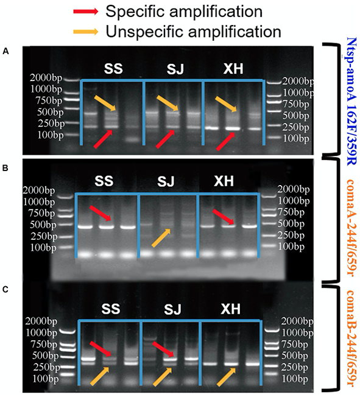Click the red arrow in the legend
86,12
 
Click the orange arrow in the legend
86,32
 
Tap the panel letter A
5,52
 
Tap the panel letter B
5,168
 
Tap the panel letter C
5,289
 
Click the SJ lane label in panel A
175,69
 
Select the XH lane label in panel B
224,181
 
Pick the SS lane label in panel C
111,309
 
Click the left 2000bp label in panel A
46,78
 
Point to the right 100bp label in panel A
295,138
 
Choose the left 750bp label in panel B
41,214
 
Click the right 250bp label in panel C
295,367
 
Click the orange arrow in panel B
161,237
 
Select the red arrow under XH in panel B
223,217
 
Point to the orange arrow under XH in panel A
226,104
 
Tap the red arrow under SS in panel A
103,139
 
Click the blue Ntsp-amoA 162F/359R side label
351,101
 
